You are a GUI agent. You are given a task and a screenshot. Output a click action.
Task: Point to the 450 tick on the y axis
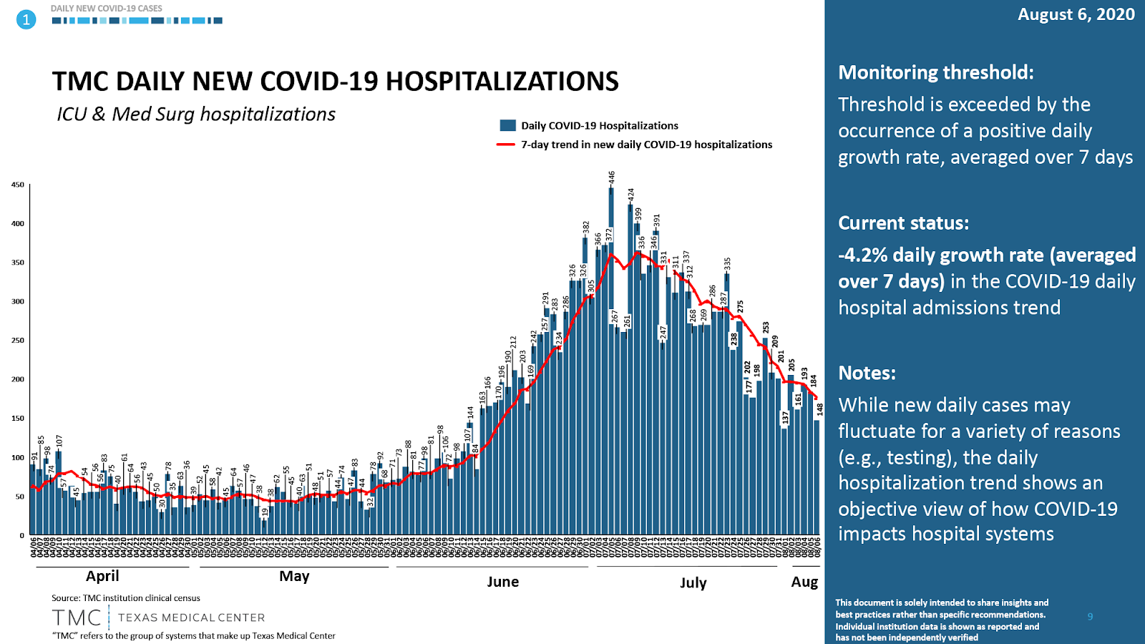pyautogui.click(x=18, y=185)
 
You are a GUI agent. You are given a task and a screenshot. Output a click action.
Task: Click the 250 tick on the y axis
pyautogui.click(x=18, y=341)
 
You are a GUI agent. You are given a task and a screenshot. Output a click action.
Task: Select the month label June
pyautogui.click(x=503, y=582)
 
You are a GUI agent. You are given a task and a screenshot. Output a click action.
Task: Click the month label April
pyautogui.click(x=102, y=576)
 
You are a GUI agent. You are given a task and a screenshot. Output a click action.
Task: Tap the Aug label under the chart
pyautogui.click(x=804, y=582)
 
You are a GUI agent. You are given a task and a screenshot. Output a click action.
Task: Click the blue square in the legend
pyautogui.click(x=508, y=125)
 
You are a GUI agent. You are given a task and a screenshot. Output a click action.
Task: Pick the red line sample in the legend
pyautogui.click(x=506, y=145)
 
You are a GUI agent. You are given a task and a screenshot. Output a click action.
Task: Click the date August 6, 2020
pyautogui.click(x=1076, y=14)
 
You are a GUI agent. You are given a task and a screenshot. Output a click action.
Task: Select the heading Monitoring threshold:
pyautogui.click(x=936, y=72)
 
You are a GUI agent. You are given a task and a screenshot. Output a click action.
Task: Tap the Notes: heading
pyautogui.click(x=867, y=373)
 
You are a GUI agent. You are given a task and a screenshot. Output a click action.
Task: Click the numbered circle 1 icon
pyautogui.click(x=26, y=19)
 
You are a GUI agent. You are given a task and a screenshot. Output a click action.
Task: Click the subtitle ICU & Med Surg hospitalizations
pyautogui.click(x=196, y=114)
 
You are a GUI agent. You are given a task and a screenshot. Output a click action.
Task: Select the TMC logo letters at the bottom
pyautogui.click(x=77, y=618)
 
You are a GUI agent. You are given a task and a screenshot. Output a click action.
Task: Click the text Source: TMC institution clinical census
pyautogui.click(x=126, y=598)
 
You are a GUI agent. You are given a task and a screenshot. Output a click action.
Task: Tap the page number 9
pyautogui.click(x=1090, y=617)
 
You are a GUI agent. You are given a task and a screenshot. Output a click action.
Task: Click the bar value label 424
pyautogui.click(x=631, y=195)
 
